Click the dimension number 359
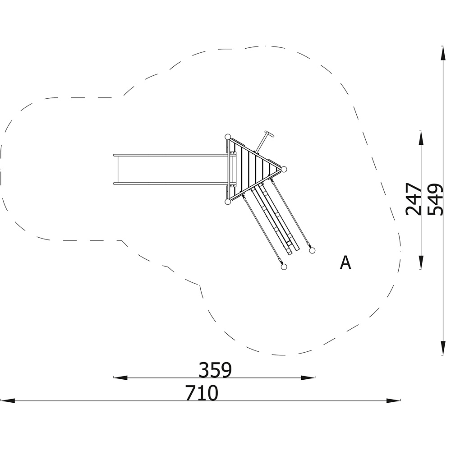tap(215, 370)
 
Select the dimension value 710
tap(202, 393)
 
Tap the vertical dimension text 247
tap(413, 199)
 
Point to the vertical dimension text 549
tap(435, 199)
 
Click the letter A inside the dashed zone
tap(345, 262)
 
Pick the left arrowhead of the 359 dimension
tap(120, 377)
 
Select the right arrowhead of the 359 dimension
tap(308, 377)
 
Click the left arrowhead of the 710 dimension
tap(8, 400)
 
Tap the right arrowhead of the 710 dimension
tap(393, 400)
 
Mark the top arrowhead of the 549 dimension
tap(443, 53)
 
